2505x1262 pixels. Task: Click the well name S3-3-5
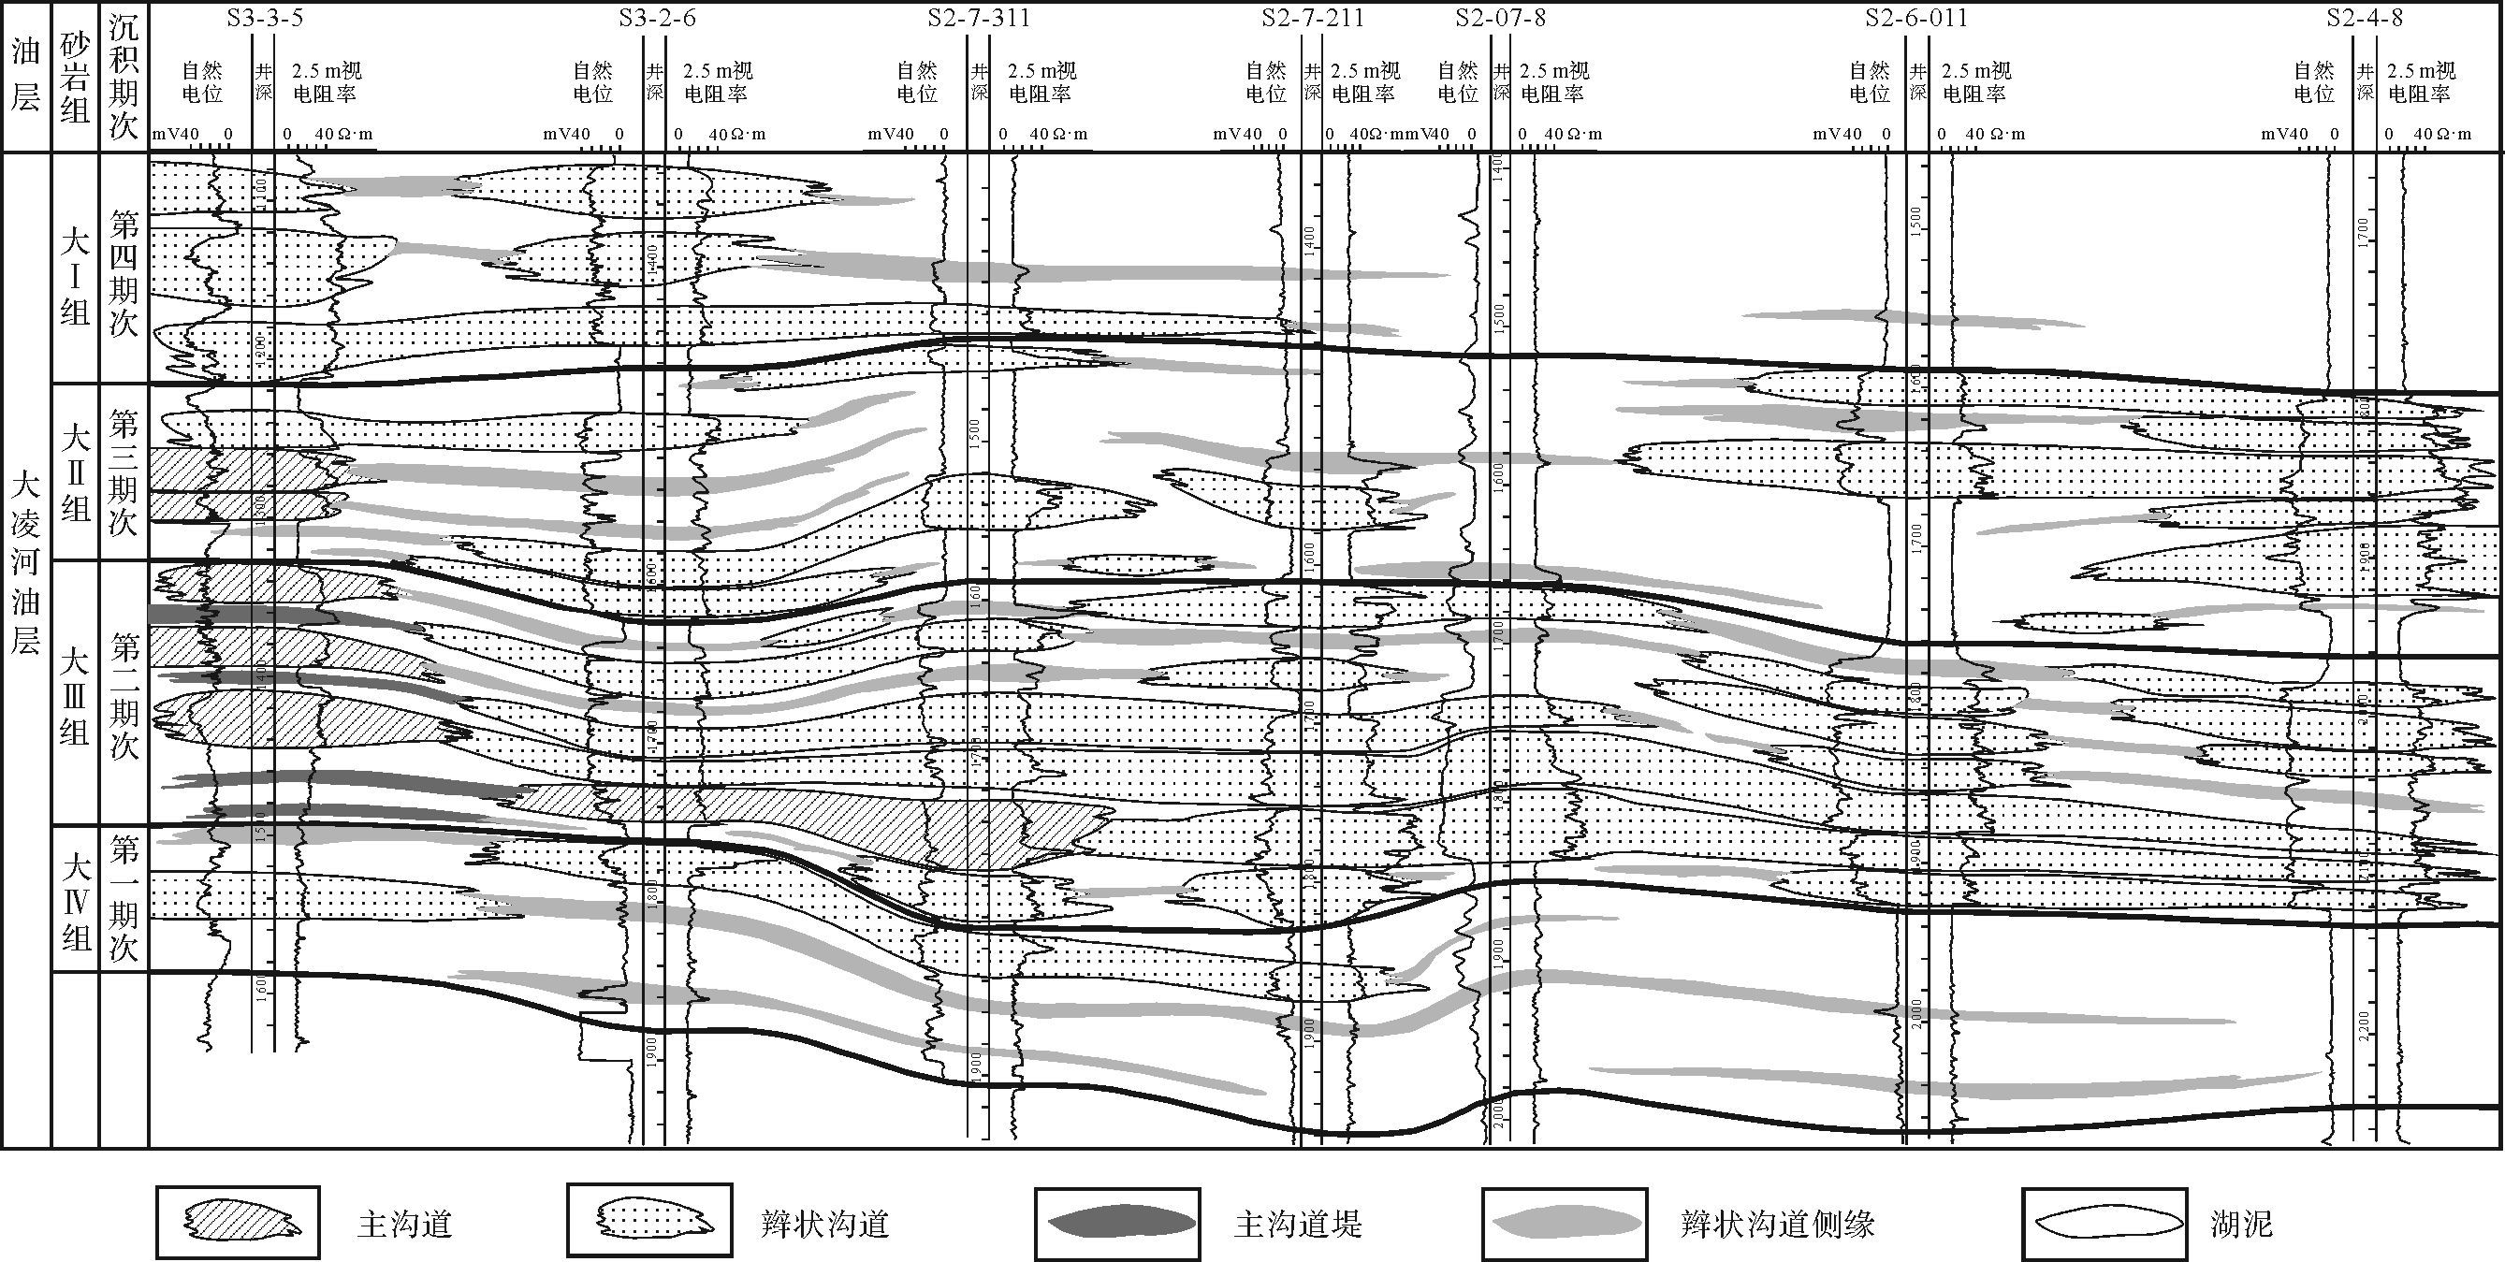click(265, 18)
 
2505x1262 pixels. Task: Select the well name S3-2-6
click(658, 18)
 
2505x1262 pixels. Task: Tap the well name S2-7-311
click(978, 18)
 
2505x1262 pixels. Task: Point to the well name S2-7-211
click(1313, 18)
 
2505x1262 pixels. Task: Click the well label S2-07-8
click(1500, 18)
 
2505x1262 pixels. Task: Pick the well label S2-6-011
click(1915, 18)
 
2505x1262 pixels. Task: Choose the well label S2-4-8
click(2363, 18)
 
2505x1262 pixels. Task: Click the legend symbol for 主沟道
click(239, 1222)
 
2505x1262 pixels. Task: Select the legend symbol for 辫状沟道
click(649, 1222)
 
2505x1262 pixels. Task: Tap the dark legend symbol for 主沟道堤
click(1118, 1222)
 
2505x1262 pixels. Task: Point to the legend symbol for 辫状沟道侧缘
click(1565, 1222)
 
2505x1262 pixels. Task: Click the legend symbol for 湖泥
click(2104, 1222)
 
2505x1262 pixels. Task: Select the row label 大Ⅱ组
click(75, 472)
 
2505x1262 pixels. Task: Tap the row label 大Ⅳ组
click(75, 901)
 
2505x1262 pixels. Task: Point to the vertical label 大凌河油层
click(25, 564)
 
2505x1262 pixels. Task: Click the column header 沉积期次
click(124, 76)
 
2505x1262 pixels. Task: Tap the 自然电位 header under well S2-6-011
click(1869, 81)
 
